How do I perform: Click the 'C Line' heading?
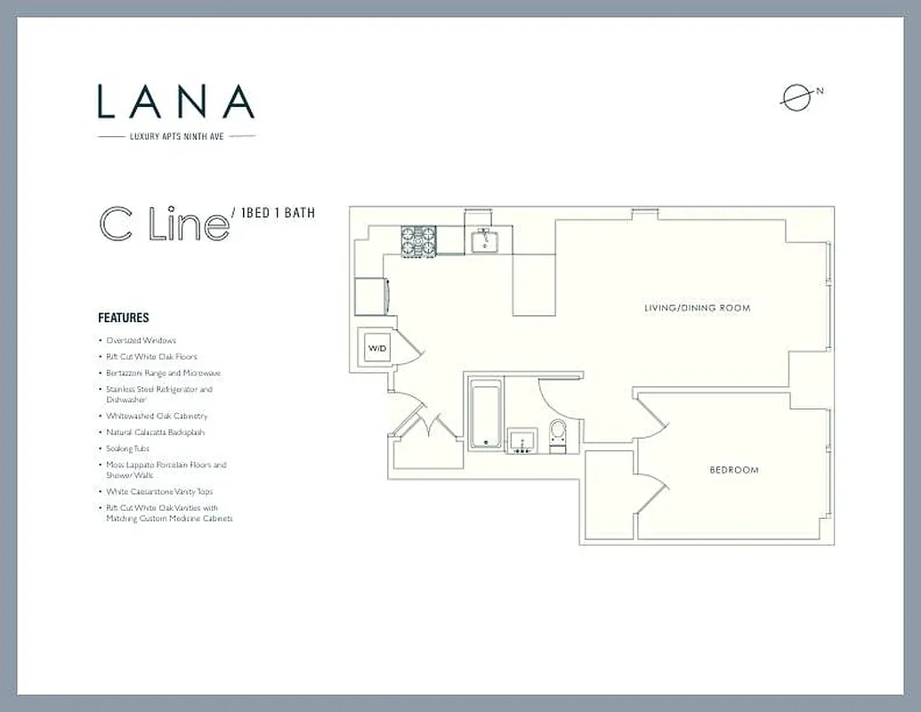[164, 226]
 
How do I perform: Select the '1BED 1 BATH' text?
[279, 214]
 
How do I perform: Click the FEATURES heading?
[123, 318]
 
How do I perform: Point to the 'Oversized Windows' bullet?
[141, 340]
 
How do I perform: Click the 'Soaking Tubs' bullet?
[127, 449]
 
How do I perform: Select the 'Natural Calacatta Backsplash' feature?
[155, 432]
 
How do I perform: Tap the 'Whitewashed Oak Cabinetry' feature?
[157, 416]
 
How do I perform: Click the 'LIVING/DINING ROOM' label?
[697, 308]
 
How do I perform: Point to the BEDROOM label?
[734, 470]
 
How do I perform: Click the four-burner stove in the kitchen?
[418, 240]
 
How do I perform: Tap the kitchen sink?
[485, 239]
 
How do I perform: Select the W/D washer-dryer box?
[377, 348]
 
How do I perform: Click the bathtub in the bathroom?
[485, 414]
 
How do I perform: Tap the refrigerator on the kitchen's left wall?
[369, 295]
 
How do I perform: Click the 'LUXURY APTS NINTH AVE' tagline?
[176, 136]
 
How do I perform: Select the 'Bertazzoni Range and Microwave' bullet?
[163, 373]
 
